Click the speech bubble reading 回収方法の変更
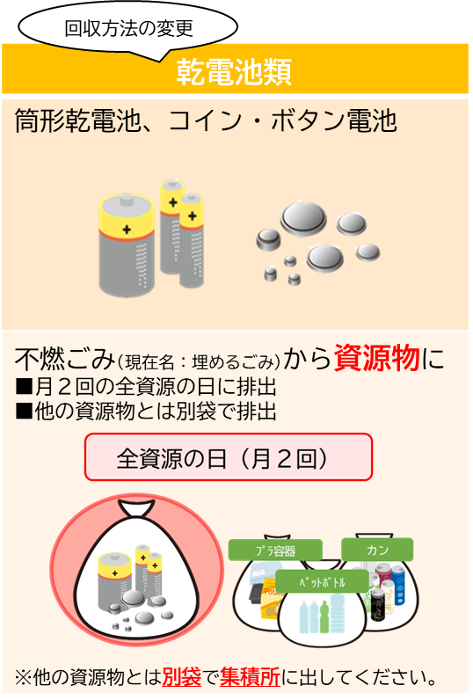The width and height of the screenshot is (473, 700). tap(127, 27)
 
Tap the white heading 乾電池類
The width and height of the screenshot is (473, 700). tap(234, 72)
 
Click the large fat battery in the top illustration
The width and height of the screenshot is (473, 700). tap(127, 244)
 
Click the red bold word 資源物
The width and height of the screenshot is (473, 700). tap(376, 358)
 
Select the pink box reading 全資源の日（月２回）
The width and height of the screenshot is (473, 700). tap(228, 457)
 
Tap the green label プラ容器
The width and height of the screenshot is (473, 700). tap(275, 551)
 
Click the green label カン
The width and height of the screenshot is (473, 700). tap(377, 550)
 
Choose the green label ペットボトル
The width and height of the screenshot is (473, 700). tap(322, 581)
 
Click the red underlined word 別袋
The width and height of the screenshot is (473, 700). tap(182, 677)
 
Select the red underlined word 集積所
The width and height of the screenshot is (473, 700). tap(250, 677)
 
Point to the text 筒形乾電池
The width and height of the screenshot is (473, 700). tap(78, 120)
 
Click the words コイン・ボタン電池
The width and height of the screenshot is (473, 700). tap(283, 120)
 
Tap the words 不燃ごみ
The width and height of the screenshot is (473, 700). tap(65, 359)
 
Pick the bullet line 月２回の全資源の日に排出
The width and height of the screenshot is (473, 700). tap(145, 387)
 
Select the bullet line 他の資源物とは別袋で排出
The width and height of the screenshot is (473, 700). tap(145, 411)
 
